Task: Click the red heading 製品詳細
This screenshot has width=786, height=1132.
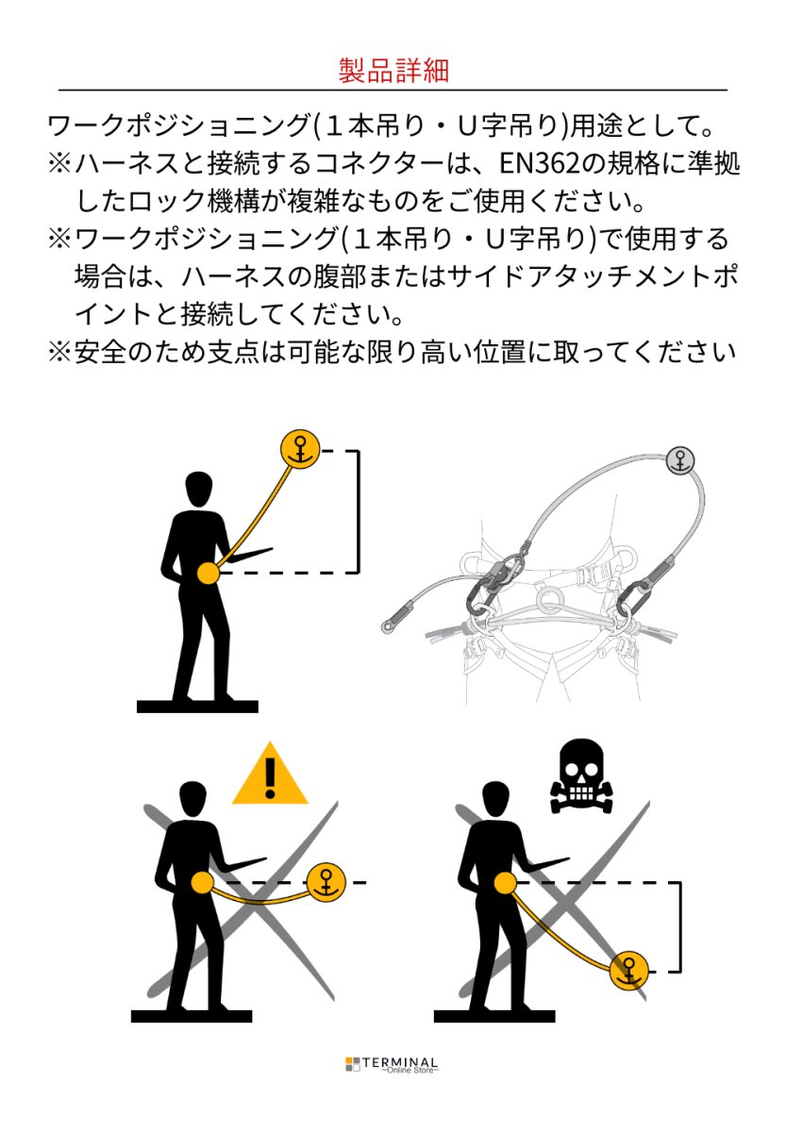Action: pos(393,71)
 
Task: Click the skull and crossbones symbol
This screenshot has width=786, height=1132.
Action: pos(580,776)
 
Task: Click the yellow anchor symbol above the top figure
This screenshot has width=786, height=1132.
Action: pos(300,449)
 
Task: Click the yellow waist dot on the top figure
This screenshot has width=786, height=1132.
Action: pos(207,572)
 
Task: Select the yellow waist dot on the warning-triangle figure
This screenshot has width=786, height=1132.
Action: pos(202,882)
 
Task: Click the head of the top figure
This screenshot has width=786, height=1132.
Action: pos(199,489)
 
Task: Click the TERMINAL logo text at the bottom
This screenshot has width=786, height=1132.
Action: pos(410,1061)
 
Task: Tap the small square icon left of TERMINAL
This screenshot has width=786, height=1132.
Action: pos(352,1064)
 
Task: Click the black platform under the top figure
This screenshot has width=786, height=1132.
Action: pos(196,707)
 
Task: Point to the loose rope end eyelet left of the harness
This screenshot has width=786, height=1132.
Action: pos(388,624)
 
